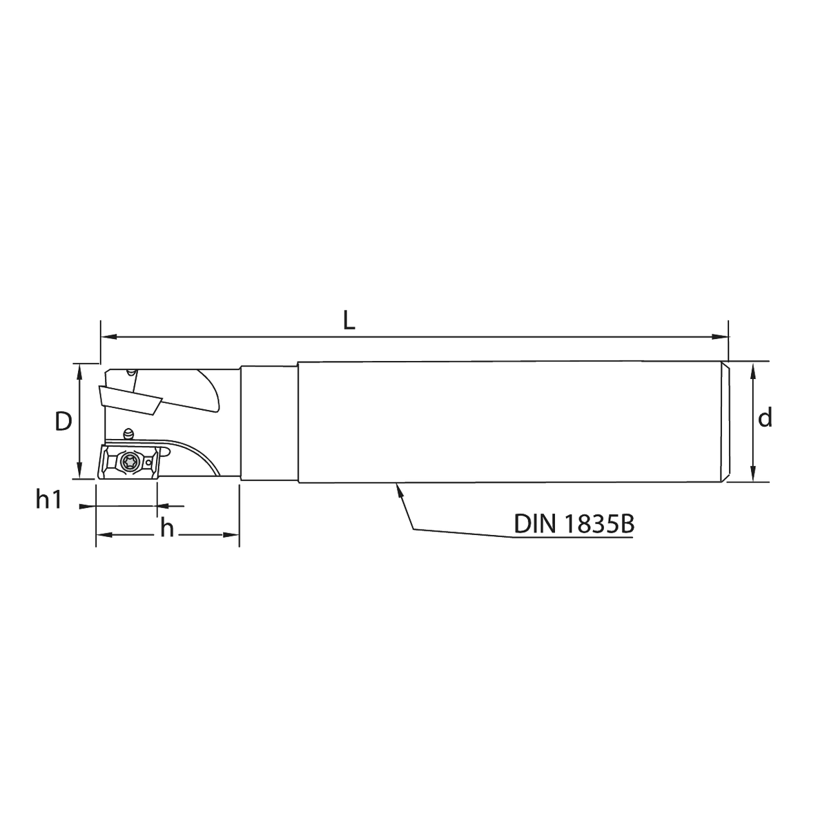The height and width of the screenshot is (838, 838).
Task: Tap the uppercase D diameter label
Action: coord(64,421)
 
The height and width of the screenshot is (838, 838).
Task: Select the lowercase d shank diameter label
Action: coord(765,418)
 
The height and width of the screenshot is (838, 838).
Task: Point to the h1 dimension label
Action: coord(49,499)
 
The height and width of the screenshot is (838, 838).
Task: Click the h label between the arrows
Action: coord(167,527)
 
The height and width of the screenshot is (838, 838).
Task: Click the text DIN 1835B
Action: coord(574,524)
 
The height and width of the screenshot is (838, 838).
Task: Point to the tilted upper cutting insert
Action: coord(130,399)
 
